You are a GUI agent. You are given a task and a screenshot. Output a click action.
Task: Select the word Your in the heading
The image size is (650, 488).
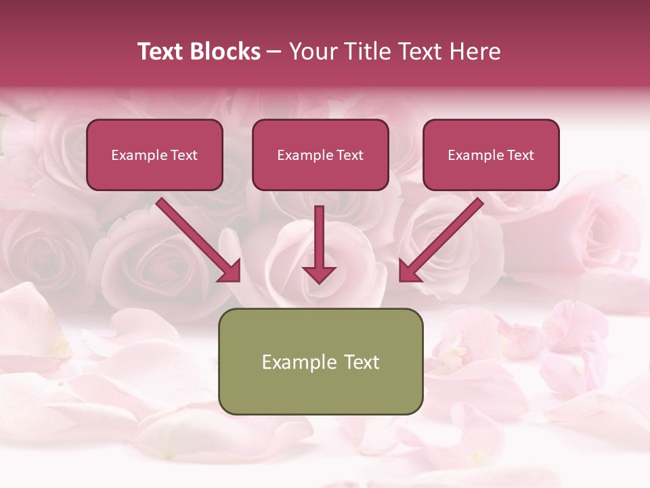[311, 52]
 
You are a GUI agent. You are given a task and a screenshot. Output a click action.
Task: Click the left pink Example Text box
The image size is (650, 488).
[154, 155]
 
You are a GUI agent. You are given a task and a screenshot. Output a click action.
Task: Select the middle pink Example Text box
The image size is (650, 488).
[320, 155]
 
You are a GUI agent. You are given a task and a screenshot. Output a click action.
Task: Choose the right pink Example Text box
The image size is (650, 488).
[491, 155]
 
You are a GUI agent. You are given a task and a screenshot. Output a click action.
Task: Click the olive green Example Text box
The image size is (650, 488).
[320, 361]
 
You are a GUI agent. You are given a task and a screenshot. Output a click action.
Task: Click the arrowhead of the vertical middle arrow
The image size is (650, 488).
[319, 274]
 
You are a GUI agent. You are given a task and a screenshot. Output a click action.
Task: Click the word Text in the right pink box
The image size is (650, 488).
[520, 155]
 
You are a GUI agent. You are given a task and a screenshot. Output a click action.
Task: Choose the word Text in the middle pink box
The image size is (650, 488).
[349, 155]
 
